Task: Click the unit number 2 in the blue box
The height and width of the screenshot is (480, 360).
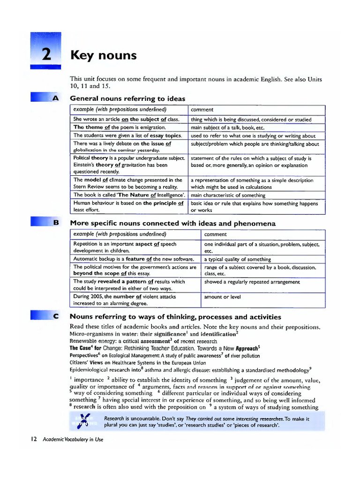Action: (46, 55)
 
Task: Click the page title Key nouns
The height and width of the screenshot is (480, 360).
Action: (103, 55)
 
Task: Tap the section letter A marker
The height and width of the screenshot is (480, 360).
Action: (56, 98)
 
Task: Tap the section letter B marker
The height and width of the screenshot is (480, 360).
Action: (56, 223)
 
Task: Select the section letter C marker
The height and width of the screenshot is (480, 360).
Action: (56, 316)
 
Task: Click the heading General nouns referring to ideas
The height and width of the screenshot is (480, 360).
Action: (127, 98)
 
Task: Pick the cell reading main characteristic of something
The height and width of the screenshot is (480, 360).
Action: (228, 195)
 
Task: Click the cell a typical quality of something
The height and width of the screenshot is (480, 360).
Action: (237, 259)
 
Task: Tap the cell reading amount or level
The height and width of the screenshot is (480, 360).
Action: (222, 297)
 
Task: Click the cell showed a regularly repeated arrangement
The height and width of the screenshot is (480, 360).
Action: (252, 282)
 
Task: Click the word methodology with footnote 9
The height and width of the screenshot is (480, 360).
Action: (290, 370)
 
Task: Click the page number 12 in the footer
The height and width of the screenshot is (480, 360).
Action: (34, 439)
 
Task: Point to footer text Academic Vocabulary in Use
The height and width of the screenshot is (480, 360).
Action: (72, 439)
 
